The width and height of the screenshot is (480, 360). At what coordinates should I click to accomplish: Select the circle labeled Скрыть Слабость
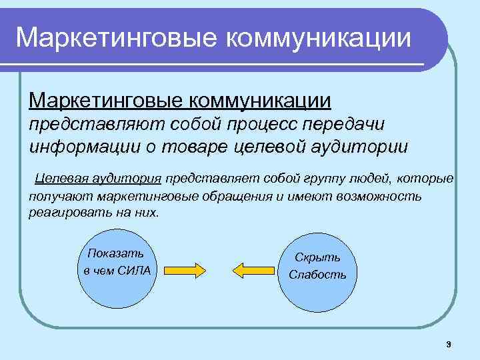pyautogui.click(x=318, y=267)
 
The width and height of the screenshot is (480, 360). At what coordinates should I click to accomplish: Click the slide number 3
pyautogui.click(x=449, y=344)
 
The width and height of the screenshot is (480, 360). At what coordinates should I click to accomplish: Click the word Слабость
pyautogui.click(x=317, y=275)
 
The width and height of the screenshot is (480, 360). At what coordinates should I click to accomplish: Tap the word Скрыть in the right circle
pyautogui.click(x=318, y=258)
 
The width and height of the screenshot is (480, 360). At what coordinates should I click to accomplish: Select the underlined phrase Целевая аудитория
pyautogui.click(x=98, y=179)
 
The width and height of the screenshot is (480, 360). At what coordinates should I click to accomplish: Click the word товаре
pyautogui.click(x=199, y=145)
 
